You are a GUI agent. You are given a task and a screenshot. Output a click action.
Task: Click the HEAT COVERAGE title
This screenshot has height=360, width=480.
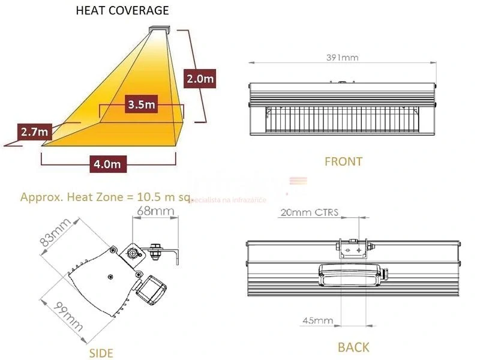122,10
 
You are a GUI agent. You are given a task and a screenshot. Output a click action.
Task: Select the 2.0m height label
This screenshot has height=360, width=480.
200,79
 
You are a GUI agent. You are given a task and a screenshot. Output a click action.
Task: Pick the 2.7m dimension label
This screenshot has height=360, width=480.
34,132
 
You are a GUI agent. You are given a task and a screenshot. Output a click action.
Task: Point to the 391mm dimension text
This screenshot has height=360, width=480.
342,58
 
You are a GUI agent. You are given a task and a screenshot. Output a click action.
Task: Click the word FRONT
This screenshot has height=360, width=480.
343,161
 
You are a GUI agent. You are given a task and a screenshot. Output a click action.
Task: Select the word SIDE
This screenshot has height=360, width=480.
101,353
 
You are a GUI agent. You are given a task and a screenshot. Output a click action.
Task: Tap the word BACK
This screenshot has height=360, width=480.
353,347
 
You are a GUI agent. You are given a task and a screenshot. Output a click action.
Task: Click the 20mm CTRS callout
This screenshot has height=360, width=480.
309,212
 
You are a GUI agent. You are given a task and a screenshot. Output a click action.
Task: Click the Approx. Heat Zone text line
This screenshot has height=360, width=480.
105,197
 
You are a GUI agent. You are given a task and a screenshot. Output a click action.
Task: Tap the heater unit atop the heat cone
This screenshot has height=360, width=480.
160,28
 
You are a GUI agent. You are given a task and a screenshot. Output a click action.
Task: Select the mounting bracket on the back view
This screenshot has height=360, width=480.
354,247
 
